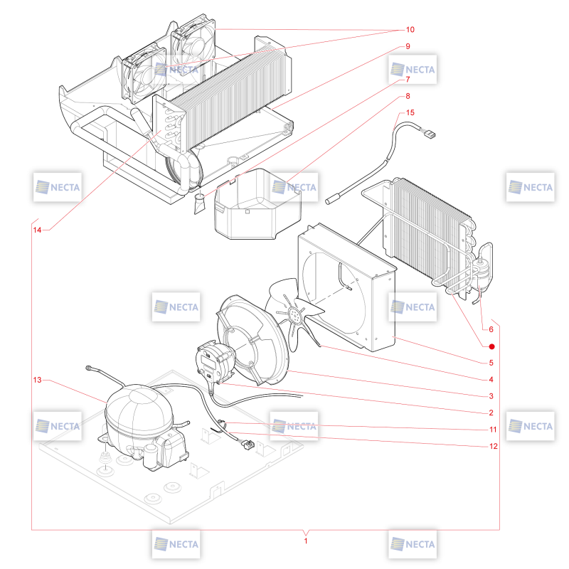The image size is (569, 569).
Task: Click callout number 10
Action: pos(410,30)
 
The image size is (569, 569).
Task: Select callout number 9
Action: pos(408,46)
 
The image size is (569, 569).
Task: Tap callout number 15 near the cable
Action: pos(410,112)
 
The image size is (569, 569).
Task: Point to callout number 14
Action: pos(37,230)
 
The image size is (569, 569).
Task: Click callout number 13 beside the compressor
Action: pos(37,380)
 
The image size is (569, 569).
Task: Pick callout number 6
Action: pos(491,329)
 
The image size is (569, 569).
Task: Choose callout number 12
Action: pos(494,447)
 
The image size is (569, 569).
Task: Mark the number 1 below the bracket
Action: pos(306,541)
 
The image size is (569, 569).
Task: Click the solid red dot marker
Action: pos(491,347)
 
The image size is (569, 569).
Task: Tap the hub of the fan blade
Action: pos(294,314)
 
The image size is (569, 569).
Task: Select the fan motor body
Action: pos(214,359)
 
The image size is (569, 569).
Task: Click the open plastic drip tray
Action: pos(257,204)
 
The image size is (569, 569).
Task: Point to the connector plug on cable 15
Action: pos(429,134)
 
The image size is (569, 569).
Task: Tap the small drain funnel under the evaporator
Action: pos(199,203)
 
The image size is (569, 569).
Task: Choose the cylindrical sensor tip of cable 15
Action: pos(331,199)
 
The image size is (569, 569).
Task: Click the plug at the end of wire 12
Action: pos(248,444)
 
